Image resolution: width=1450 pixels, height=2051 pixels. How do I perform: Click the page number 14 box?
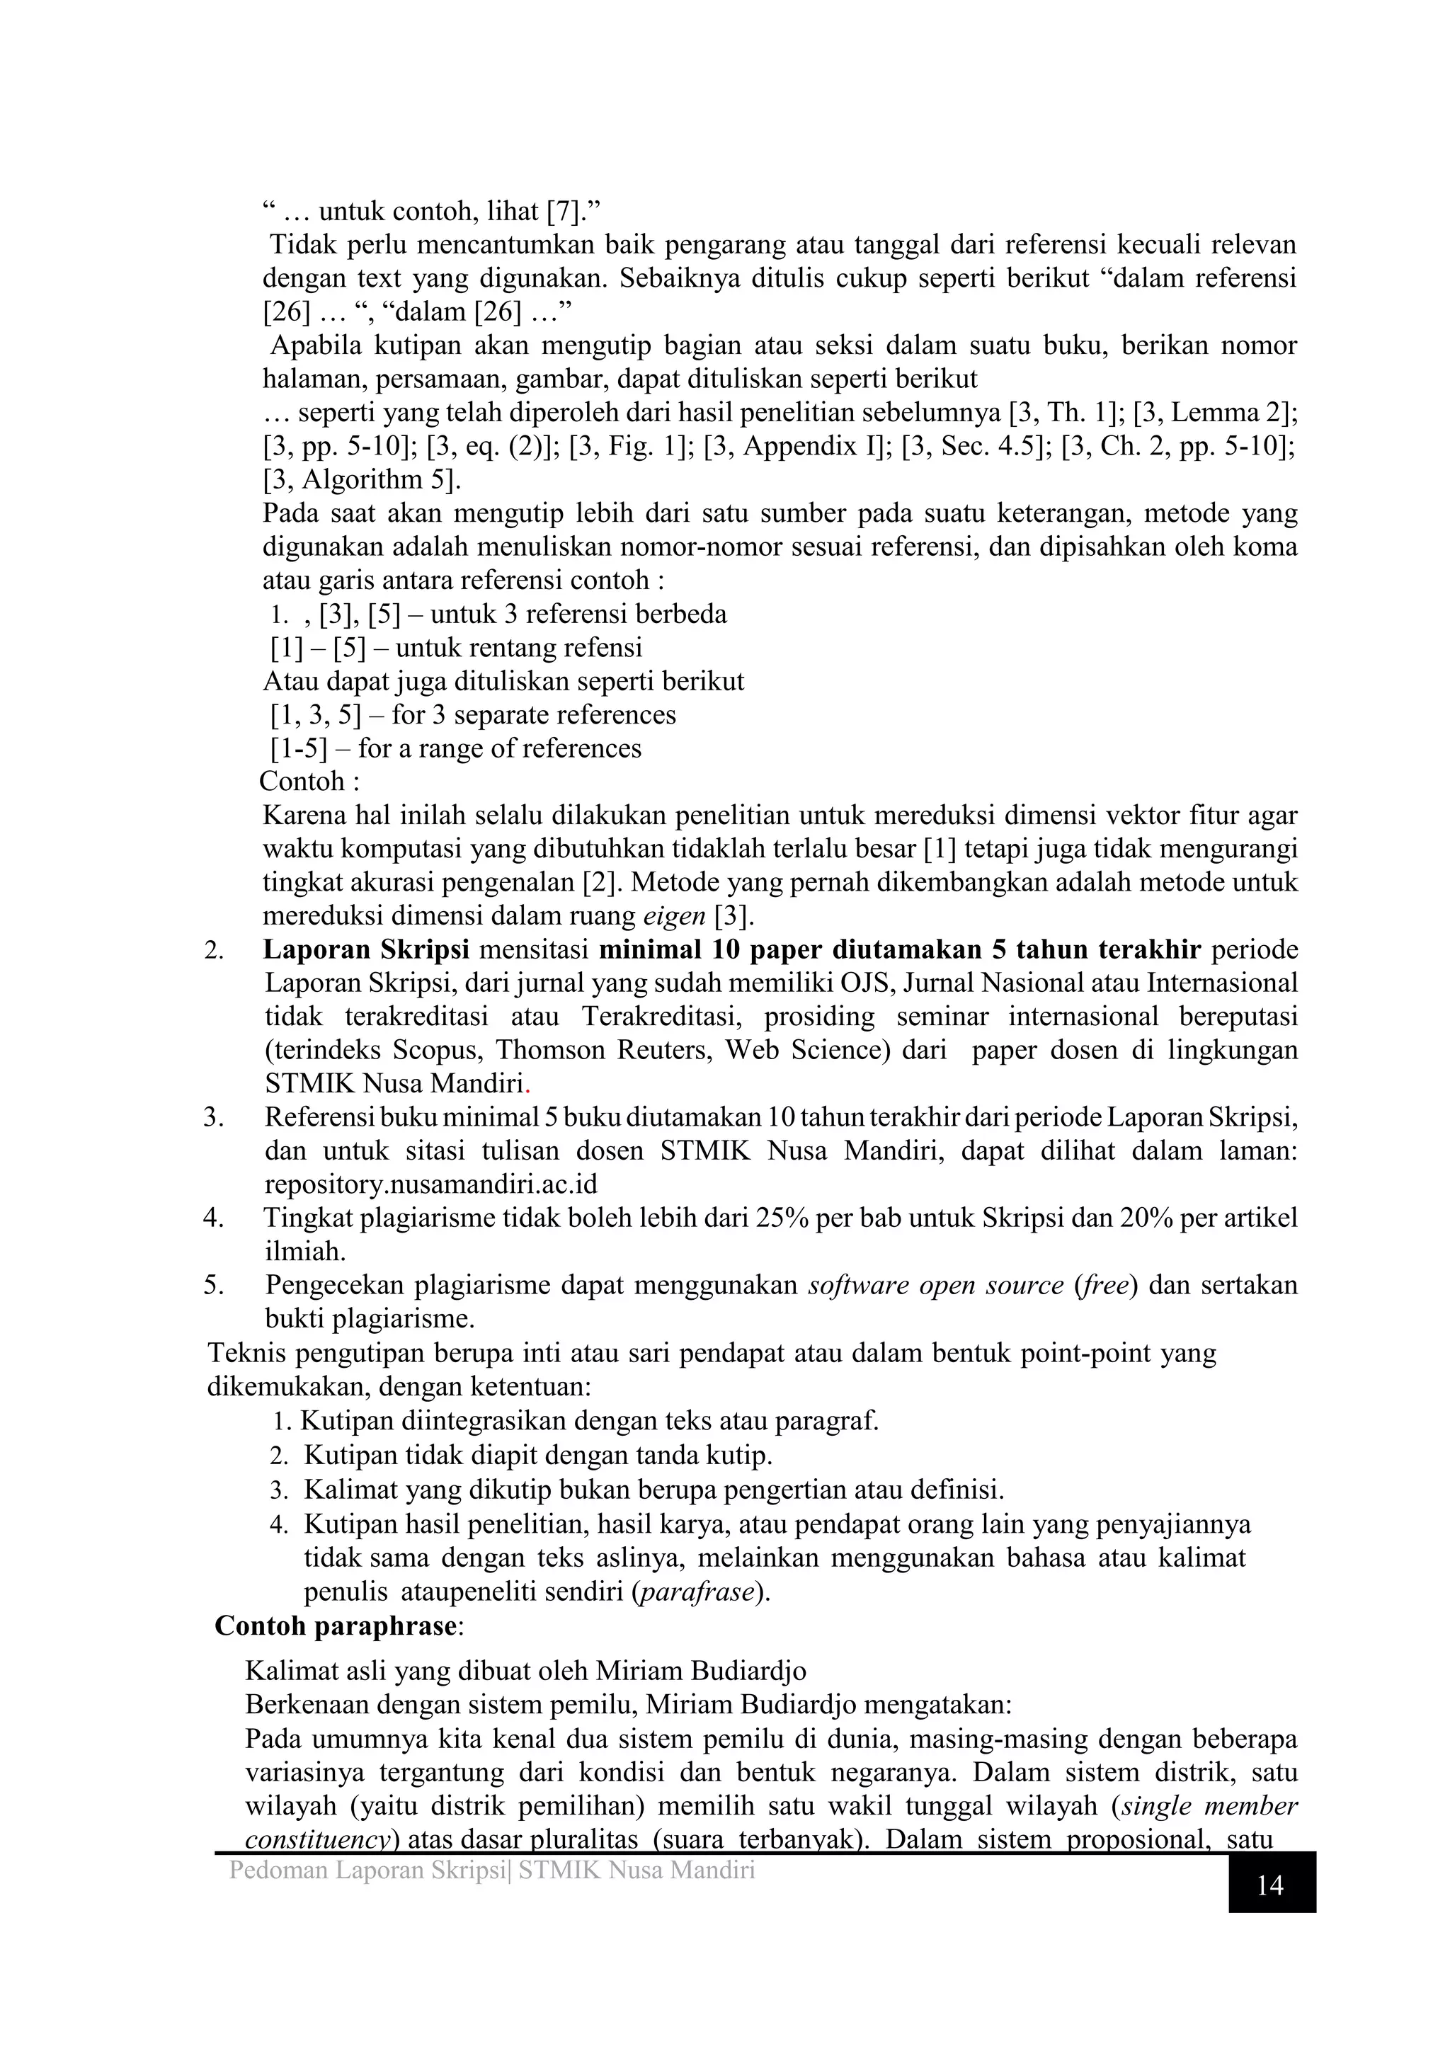click(1269, 1886)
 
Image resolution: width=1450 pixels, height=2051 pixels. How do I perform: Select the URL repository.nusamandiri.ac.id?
click(430, 1184)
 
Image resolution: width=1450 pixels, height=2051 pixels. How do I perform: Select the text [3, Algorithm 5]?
click(361, 480)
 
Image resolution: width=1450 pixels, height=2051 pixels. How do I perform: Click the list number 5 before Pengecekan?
click(212, 1286)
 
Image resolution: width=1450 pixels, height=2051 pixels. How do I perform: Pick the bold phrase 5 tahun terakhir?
click(1090, 949)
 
